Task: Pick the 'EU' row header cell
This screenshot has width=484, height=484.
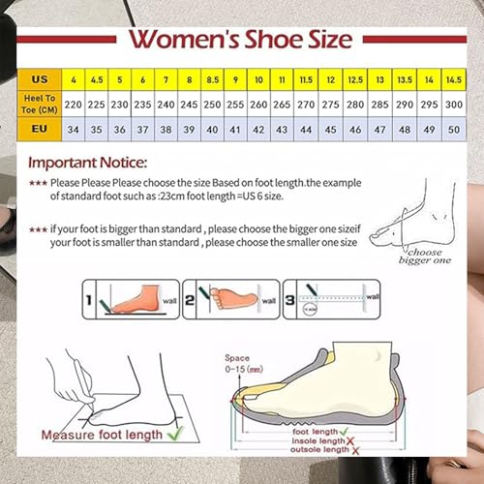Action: click(x=40, y=127)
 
